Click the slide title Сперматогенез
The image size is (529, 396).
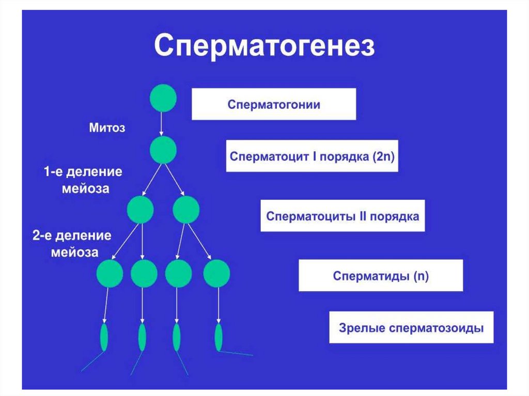(x=264, y=46)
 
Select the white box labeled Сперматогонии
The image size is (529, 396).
(x=274, y=104)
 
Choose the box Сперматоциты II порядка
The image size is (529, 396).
(x=343, y=215)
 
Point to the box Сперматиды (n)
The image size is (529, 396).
(x=381, y=275)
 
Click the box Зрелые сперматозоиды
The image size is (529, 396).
(x=411, y=327)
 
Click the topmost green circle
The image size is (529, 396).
(x=163, y=99)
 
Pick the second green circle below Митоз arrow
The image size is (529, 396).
(x=163, y=150)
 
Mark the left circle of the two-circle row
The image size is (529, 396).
(x=140, y=210)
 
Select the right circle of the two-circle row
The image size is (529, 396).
(x=185, y=210)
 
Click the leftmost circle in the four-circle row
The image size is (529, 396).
(x=110, y=274)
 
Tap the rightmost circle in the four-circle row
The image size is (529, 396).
(x=216, y=274)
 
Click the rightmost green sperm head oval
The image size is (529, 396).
(x=219, y=337)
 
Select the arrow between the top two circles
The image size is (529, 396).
(x=162, y=124)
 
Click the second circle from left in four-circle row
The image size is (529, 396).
(x=144, y=274)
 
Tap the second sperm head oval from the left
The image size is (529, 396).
(x=142, y=337)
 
